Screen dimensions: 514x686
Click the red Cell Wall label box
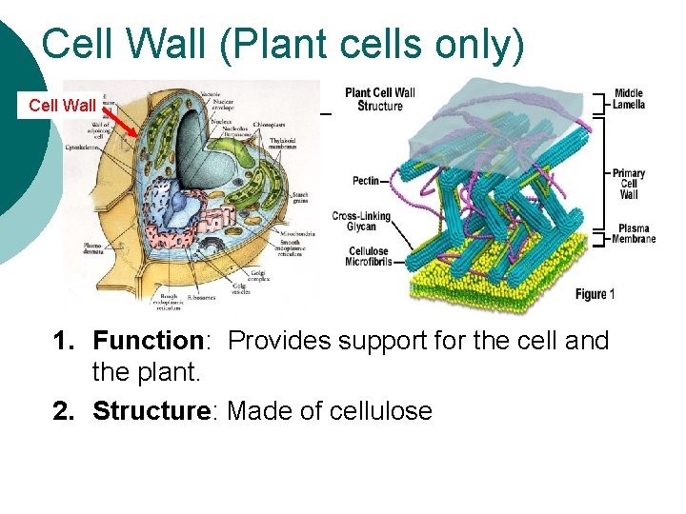[61, 106]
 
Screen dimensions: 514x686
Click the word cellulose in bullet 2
[380, 411]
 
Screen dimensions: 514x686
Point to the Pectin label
[365, 180]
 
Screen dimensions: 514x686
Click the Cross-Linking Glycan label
[361, 222]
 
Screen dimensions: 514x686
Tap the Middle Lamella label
[629, 98]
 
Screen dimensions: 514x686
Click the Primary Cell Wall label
[629, 184]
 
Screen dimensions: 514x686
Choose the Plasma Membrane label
[634, 233]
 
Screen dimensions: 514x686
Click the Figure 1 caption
[595, 294]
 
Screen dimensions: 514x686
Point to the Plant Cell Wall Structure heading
[379, 99]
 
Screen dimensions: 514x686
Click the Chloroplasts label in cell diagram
[272, 125]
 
